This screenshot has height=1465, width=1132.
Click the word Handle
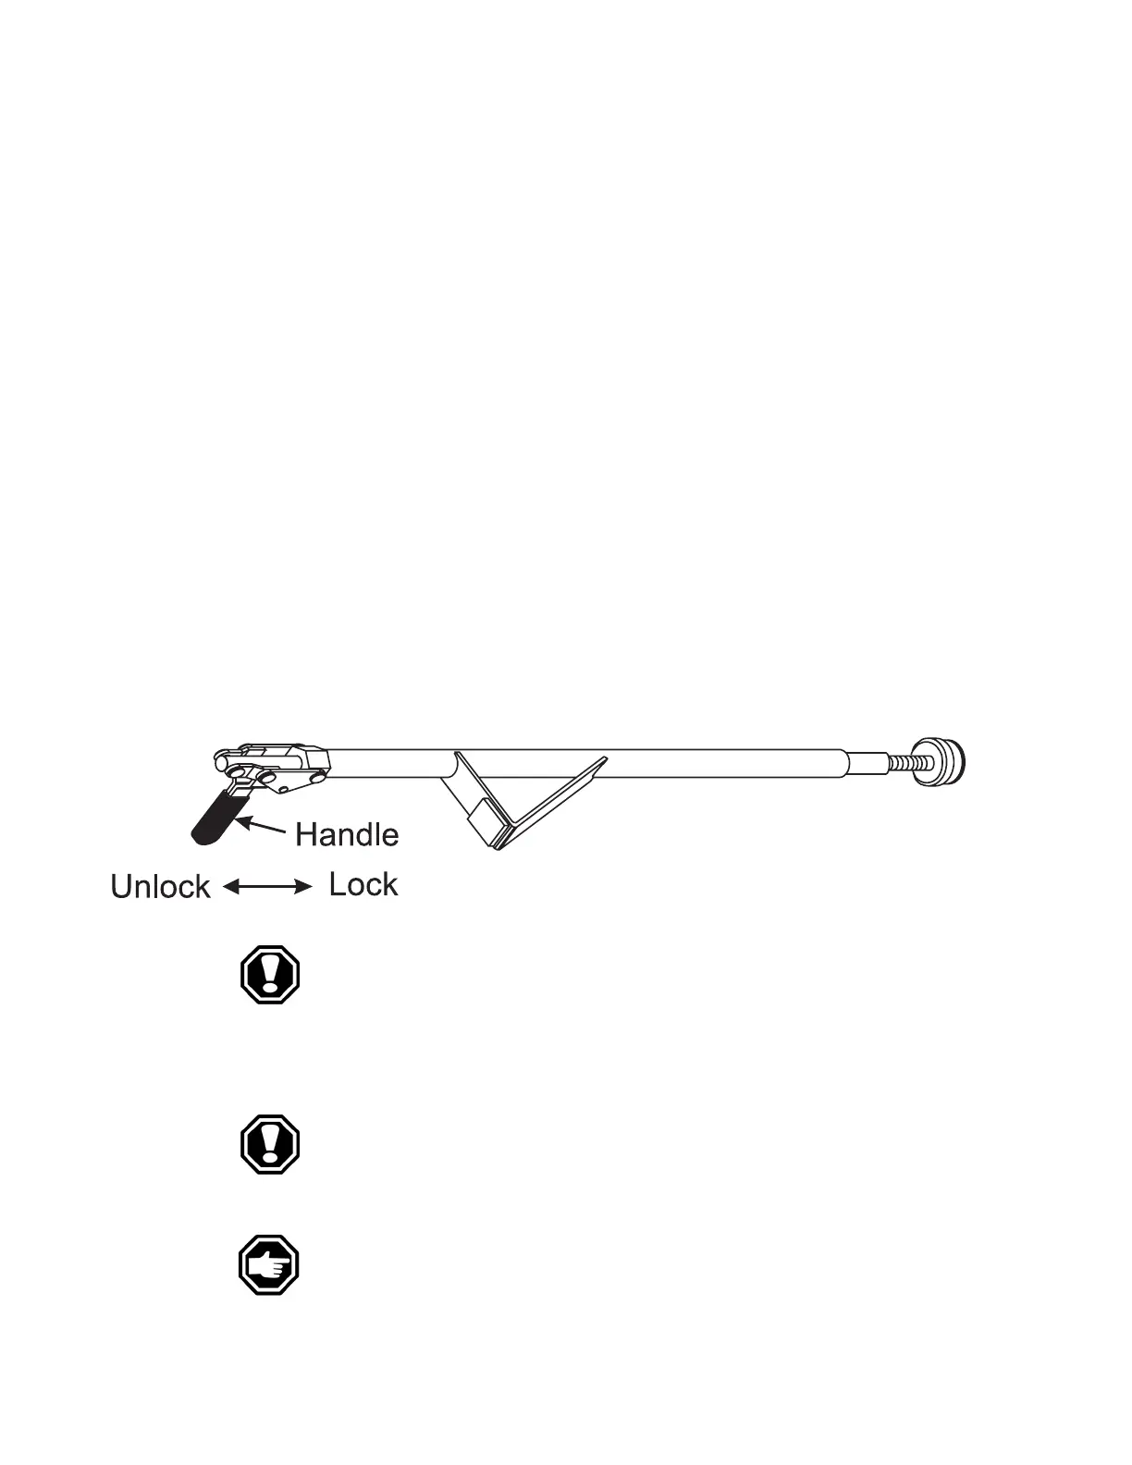[347, 835]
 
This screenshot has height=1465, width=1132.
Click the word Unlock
[161, 887]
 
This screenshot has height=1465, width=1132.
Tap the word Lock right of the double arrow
[363, 885]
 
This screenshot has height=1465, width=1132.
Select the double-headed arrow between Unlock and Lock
[268, 887]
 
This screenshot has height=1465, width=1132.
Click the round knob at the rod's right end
[939, 761]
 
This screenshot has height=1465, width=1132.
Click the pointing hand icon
[269, 1265]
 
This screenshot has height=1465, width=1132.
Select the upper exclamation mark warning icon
[269, 974]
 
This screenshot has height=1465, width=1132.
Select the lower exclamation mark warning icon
[269, 1144]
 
